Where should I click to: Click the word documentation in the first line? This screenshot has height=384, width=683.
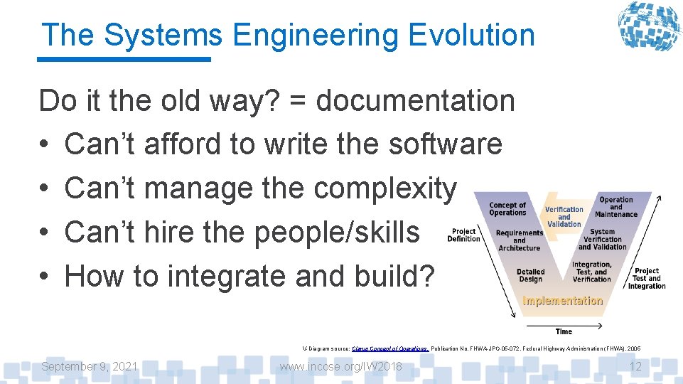[415, 100]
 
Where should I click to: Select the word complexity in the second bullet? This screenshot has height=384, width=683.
[384, 188]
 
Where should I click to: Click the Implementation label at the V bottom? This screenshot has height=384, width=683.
[562, 301]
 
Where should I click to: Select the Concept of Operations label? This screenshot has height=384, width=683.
[507, 209]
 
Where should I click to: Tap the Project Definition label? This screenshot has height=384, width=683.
[463, 235]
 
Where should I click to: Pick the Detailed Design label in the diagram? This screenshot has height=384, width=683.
[530, 275]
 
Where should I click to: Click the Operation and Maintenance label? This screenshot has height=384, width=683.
[616, 207]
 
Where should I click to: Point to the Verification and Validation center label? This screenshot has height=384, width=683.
[564, 217]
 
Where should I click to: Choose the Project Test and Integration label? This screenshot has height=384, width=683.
[647, 278]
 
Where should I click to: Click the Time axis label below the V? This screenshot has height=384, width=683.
[564, 331]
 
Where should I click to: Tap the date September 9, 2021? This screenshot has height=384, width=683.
[90, 366]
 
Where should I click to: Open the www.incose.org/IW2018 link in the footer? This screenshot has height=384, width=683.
[340, 366]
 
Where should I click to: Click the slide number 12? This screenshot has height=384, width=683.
[636, 366]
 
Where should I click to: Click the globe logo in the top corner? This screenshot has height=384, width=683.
[647, 26]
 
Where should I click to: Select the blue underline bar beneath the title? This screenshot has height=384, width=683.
[124, 59]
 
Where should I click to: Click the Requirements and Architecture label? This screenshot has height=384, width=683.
[519, 240]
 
